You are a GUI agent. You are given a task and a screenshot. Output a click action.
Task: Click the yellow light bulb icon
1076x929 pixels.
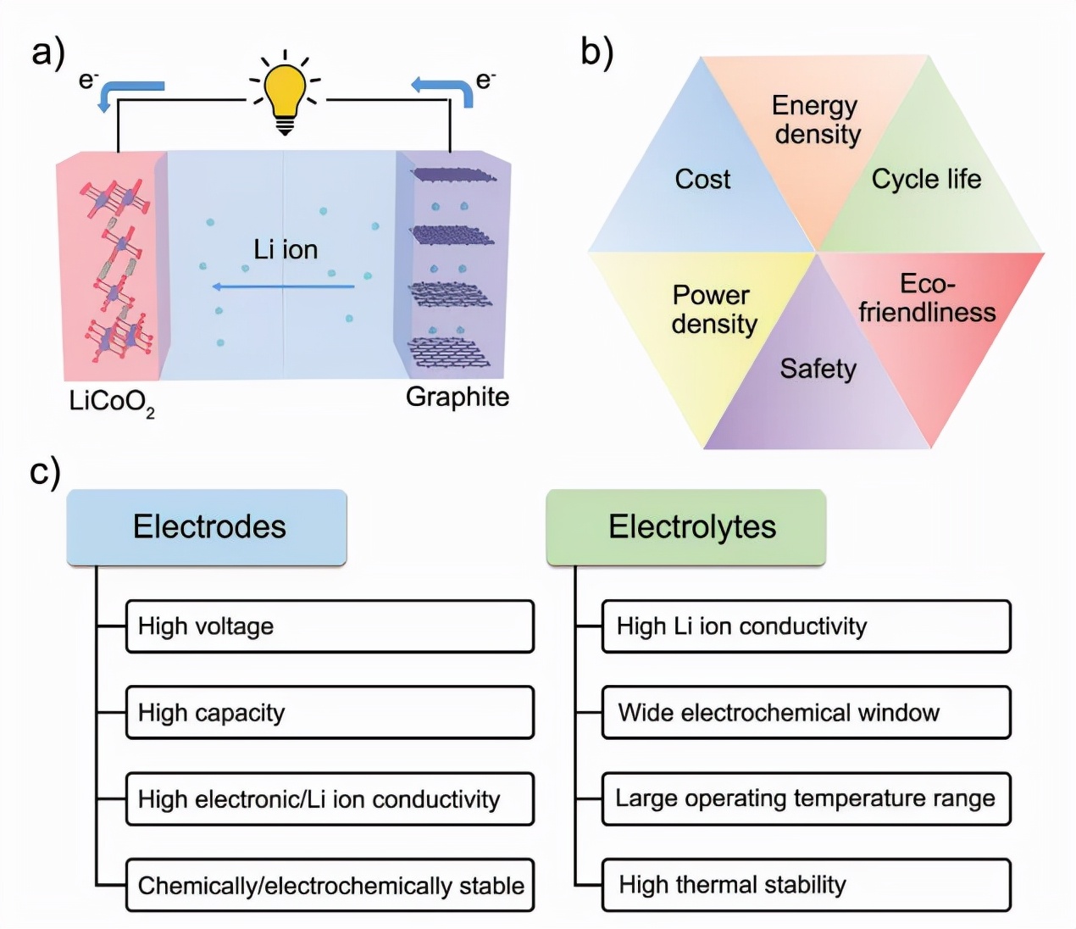coord(285,93)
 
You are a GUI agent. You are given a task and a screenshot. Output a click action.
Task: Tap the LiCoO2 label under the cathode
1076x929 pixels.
coord(111,401)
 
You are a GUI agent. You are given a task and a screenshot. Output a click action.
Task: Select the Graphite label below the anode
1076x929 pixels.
coord(458,397)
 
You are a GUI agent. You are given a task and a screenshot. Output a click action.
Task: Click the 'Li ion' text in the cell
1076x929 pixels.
coord(286,249)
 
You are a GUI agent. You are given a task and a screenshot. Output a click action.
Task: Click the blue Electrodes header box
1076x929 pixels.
coord(207,527)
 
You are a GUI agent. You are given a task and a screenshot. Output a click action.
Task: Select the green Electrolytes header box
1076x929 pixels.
coord(686,527)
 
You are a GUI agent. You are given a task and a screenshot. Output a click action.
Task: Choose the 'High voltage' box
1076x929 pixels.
coord(330,626)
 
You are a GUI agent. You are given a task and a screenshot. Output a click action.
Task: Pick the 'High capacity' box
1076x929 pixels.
coord(330,713)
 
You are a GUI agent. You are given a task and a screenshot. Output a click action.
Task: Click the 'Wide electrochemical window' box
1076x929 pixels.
coord(806,713)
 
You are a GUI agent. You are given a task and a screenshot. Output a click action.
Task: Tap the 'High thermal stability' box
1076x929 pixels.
coord(806,885)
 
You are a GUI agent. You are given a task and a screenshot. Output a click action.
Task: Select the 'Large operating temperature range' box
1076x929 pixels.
coord(806,798)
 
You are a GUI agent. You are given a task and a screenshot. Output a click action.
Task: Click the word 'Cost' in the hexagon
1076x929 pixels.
coord(702,179)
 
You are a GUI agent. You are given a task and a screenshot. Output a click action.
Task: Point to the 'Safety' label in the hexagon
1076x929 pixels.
coord(818,369)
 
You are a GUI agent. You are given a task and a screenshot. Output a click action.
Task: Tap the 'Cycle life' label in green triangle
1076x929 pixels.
coord(926,179)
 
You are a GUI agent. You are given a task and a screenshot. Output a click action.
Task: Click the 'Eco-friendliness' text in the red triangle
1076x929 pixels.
coord(927,298)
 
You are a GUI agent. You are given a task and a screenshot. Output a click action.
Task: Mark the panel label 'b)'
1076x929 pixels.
coord(596,53)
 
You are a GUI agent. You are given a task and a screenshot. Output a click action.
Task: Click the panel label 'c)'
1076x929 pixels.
coord(45,471)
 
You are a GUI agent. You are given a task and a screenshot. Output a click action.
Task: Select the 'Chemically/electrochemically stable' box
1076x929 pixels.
coord(330,886)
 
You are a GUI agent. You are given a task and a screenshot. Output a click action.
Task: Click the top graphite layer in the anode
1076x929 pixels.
coord(453,175)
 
